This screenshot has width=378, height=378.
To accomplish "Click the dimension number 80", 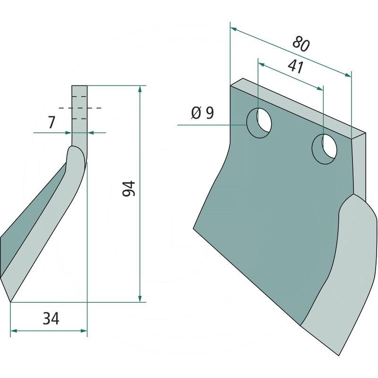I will click(301, 44).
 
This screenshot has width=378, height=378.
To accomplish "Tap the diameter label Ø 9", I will click(202, 113).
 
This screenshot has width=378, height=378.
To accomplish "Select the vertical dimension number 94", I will click(129, 189).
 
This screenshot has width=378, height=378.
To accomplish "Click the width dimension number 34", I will click(51, 319).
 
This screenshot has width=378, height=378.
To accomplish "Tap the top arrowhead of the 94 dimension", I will click(140, 89).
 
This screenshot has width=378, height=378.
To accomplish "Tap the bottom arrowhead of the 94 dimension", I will click(140, 298).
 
